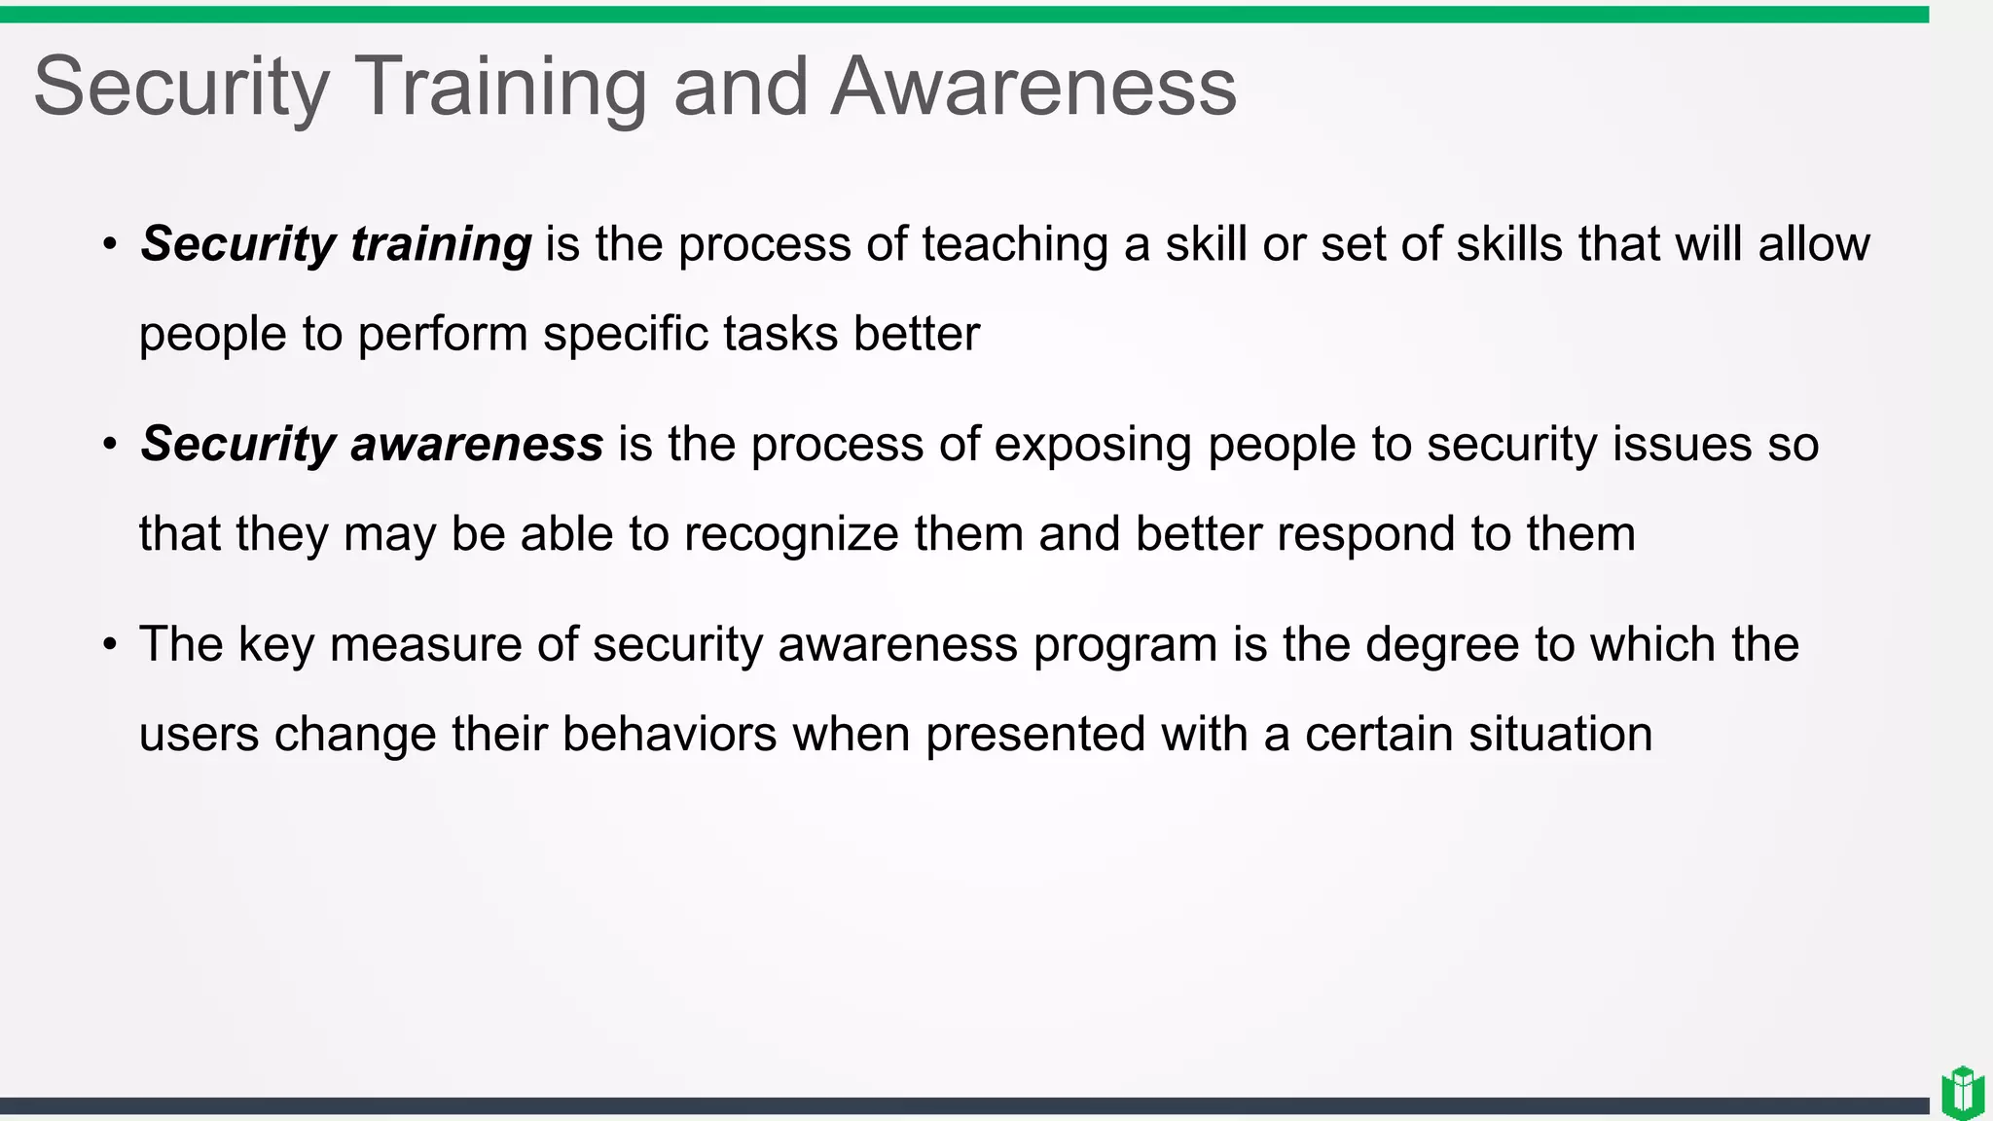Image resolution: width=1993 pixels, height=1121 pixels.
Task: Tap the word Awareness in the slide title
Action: [x=1033, y=88]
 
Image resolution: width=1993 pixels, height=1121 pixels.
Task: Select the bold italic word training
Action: [x=441, y=244]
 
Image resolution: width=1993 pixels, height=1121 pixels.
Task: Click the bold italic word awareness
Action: [x=477, y=444]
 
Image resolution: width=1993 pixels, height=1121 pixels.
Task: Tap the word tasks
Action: [x=780, y=334]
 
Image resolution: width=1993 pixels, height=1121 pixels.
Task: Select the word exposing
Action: [x=1093, y=445]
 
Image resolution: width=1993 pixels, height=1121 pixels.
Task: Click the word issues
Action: [x=1683, y=445]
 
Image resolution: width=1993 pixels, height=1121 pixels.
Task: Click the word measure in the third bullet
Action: [x=425, y=645]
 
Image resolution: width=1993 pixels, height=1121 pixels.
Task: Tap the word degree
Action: [x=1442, y=645]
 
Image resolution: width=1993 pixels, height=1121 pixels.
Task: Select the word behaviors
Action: [x=670, y=734]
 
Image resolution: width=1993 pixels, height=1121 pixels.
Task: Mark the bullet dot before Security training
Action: [x=110, y=243]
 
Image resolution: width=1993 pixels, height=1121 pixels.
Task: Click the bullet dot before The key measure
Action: [x=110, y=644]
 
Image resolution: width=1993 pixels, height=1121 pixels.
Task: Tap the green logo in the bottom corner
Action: [x=1962, y=1093]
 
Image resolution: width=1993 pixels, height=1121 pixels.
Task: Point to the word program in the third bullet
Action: [x=1125, y=645]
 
